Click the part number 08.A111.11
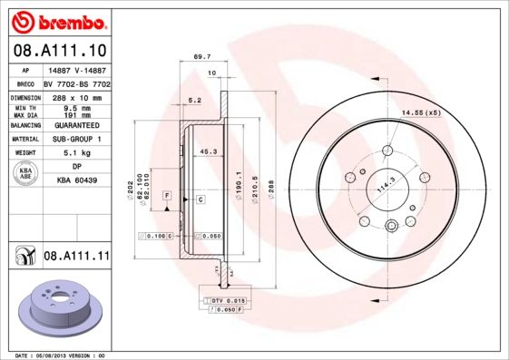point(76,257)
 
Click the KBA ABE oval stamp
point(26,174)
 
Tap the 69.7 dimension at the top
point(202,56)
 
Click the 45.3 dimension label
point(207,152)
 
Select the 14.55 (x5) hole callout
point(420,112)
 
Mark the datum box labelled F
point(167,196)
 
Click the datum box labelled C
point(200,199)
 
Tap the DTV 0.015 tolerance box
point(221,299)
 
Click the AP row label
point(26,68)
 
